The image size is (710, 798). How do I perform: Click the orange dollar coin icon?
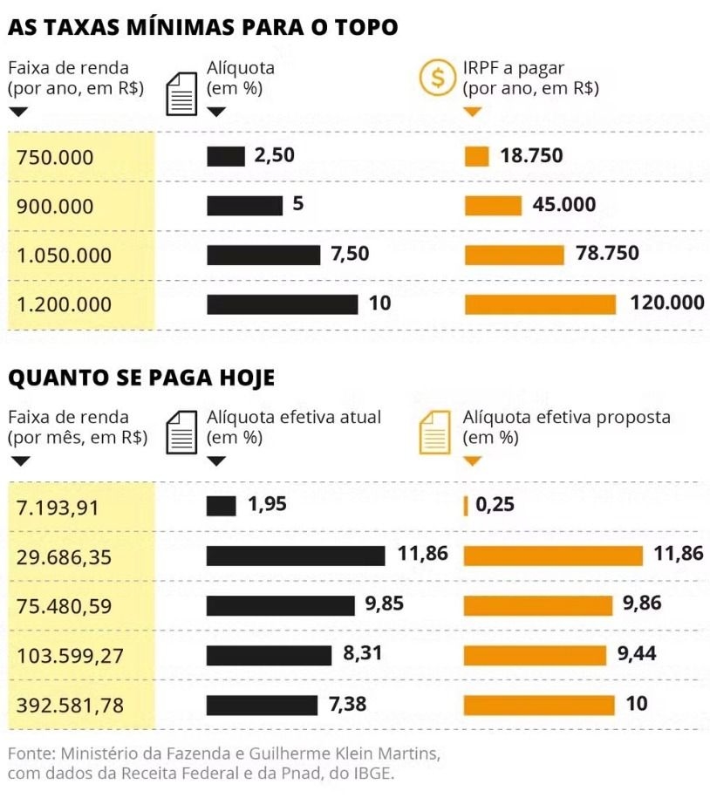point(438,78)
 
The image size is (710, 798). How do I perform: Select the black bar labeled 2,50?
point(225,157)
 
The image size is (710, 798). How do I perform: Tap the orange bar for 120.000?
point(540,304)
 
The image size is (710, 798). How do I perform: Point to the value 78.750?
point(607,254)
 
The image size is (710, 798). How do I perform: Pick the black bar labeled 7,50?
point(263,255)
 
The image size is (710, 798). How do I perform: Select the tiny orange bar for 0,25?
point(466,505)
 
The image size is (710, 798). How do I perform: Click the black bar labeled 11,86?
point(296,556)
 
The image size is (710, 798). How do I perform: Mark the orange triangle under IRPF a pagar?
point(472,112)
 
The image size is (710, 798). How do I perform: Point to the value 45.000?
point(564,205)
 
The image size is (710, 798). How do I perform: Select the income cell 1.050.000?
point(65,256)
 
